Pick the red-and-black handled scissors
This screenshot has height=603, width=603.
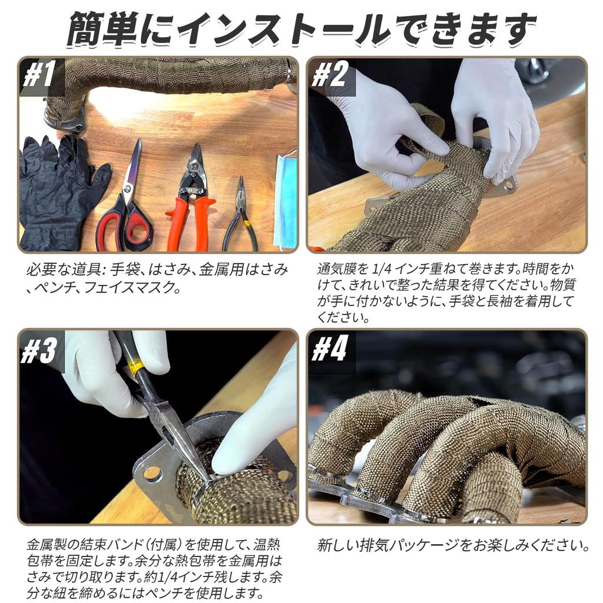click(x=127, y=204)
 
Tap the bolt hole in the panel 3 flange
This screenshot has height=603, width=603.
click(x=153, y=474)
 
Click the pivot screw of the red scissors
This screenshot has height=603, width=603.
click(x=128, y=188)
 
